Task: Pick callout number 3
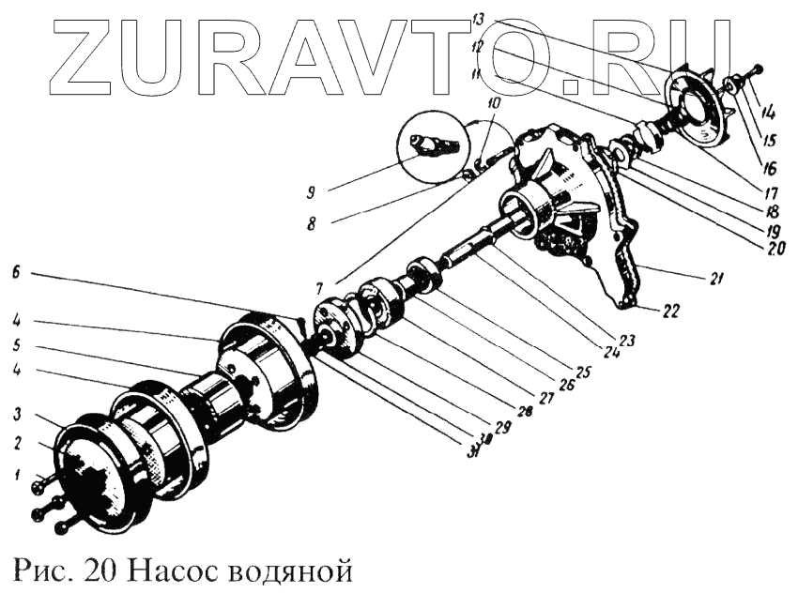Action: click(16, 414)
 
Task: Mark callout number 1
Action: click(16, 477)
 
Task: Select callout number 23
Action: click(626, 341)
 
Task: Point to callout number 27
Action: click(545, 398)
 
